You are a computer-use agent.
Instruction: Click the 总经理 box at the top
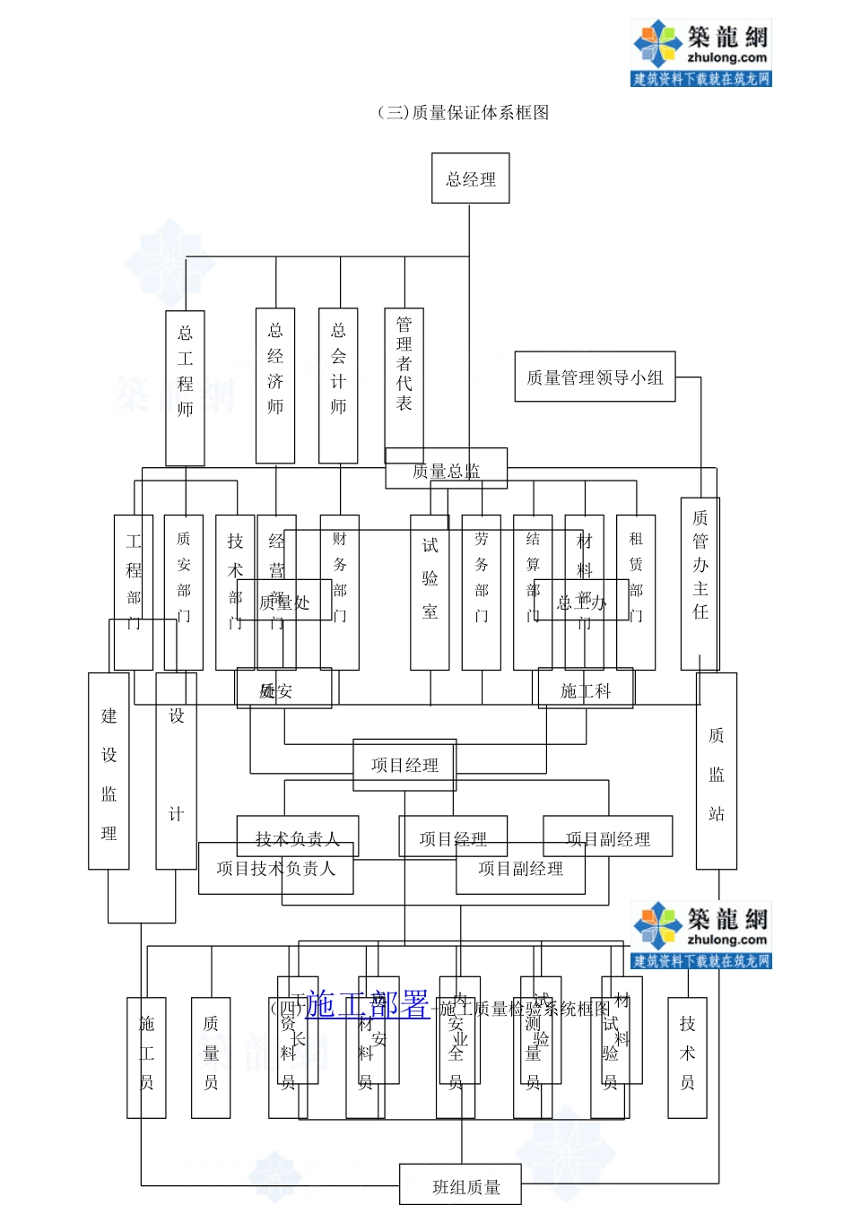point(470,178)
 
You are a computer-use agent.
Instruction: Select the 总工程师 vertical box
point(185,387)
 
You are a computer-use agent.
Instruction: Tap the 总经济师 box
point(275,386)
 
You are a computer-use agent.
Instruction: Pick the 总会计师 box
point(338,386)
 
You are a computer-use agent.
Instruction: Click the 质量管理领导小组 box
point(595,377)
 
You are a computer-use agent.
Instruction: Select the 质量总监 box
point(446,469)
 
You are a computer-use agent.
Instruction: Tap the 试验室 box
point(430,592)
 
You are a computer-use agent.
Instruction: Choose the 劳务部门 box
point(482,592)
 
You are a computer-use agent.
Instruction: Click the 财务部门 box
point(340,592)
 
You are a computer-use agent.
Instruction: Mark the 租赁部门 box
point(636,592)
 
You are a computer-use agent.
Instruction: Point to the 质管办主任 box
point(700,583)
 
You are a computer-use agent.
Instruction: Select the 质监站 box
point(717,771)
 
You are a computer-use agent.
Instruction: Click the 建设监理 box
point(109,771)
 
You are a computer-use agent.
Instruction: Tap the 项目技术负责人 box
point(275,869)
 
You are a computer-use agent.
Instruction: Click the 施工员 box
point(146,1057)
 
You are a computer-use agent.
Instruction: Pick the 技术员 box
point(687,1057)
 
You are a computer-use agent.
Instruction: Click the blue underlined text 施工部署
point(367,1004)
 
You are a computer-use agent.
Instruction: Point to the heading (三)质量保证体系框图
point(463,113)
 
